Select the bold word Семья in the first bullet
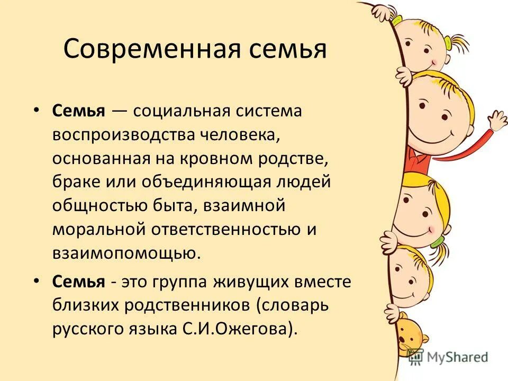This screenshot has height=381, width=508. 79,112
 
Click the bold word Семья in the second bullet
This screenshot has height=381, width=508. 79,282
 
